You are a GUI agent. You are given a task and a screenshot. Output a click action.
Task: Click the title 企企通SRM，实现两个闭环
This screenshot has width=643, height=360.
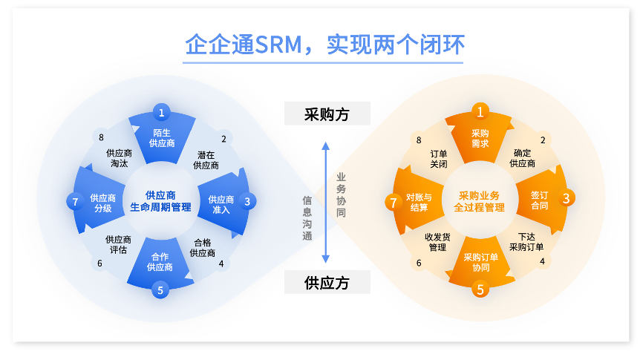coord(324,45)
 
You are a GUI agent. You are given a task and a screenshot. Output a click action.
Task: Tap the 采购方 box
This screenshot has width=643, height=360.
coord(327,114)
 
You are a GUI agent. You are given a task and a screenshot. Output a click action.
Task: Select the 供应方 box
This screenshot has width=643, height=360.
coord(327,282)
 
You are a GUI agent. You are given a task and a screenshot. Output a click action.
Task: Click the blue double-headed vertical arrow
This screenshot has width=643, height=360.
coord(325,200)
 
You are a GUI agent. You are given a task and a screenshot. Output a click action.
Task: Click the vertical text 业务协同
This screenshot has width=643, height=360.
coord(341,194)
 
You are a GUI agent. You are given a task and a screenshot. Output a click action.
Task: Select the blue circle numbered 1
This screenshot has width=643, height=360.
coord(161,113)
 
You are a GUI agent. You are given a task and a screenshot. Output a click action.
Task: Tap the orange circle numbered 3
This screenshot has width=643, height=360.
coord(566,198)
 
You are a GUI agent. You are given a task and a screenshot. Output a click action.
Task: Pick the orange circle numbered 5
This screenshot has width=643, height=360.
coord(480,289)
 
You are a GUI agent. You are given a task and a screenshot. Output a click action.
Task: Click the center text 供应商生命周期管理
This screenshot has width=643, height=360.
coord(161,201)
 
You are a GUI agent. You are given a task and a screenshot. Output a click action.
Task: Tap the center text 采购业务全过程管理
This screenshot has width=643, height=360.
coord(480,201)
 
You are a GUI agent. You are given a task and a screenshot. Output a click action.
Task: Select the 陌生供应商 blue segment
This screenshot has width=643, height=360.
coord(161,138)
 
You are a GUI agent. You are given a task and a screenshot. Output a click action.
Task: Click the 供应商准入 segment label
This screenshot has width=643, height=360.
coord(221,205)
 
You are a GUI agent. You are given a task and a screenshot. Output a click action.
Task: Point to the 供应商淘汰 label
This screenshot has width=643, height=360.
coord(119,158)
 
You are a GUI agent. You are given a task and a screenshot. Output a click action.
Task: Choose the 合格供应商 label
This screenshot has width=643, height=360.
coord(202,247)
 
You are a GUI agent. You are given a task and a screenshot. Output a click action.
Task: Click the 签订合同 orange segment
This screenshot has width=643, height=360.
coord(539,200)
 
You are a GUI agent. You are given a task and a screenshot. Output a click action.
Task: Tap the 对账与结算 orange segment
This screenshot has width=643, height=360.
coord(419,202)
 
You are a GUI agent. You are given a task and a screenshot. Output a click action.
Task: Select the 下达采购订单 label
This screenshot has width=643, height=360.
coord(526,242)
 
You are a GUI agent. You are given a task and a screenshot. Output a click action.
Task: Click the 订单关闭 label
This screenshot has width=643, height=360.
coord(438,159)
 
